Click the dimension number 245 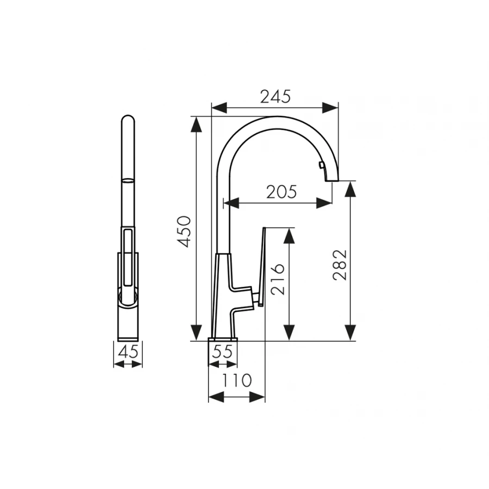275,96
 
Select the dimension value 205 281,192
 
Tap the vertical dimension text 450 185,231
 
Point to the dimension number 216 278,279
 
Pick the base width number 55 222,352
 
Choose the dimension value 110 237,381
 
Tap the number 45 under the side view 128,352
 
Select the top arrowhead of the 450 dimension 196,125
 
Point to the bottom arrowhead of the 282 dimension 351,331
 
